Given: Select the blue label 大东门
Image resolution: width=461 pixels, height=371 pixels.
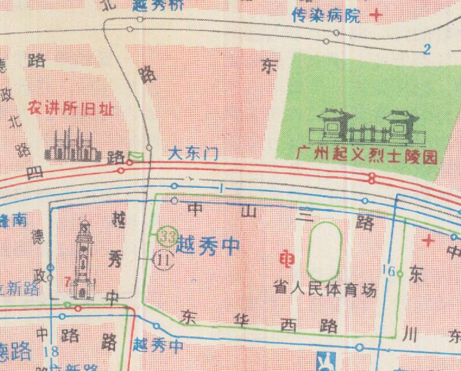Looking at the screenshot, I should tap(192, 154).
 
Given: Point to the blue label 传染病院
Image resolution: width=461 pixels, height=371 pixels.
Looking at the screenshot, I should tap(326, 16).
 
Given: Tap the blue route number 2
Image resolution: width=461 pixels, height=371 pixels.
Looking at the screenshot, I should tap(426, 49).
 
